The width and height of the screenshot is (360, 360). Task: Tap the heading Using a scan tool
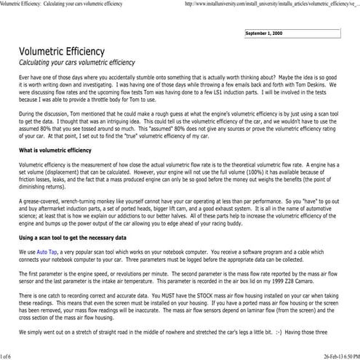click(80, 237)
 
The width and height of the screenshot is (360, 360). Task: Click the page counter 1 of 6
click(7, 355)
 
